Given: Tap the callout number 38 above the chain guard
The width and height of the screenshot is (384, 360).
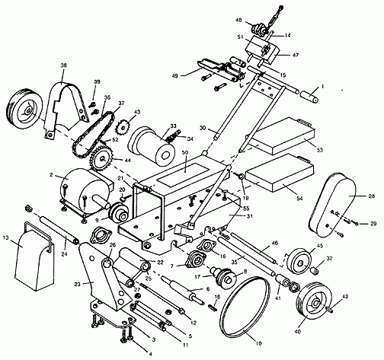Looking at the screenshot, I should click(x=63, y=65).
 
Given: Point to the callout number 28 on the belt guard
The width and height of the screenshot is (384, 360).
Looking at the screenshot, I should click(x=351, y=196).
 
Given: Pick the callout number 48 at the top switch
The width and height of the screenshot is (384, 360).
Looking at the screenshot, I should click(x=260, y=20).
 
